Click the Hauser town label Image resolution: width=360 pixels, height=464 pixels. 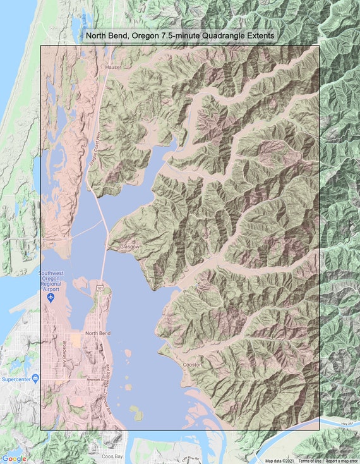114,66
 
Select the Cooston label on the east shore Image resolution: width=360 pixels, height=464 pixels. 192,365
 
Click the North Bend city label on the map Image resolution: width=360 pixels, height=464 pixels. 98,333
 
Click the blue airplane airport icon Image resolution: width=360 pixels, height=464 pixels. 52,297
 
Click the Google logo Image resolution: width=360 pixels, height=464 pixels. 14,458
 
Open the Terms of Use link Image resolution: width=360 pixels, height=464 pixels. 309,461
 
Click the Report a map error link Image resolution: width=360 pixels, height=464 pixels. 341,461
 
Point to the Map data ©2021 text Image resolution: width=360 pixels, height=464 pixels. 280,461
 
